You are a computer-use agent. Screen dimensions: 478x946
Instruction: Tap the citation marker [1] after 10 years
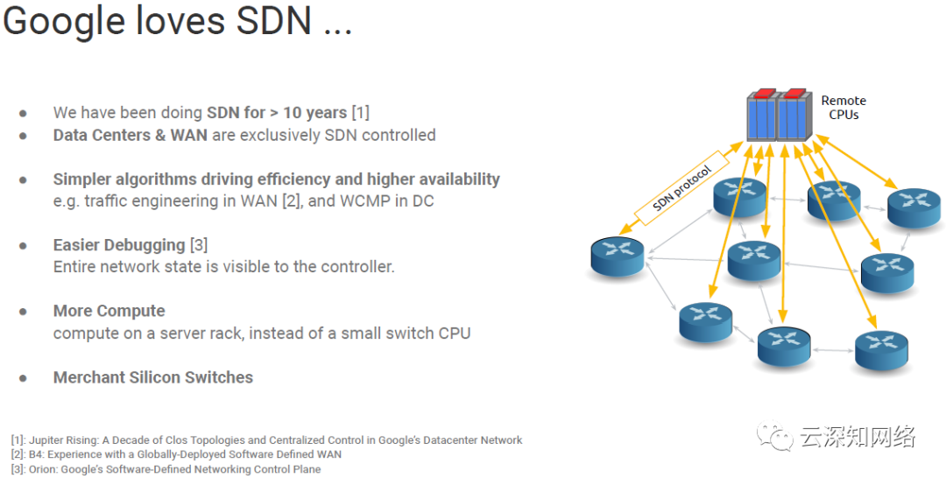pyautogui.click(x=360, y=113)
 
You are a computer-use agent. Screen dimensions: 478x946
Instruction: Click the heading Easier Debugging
pyautogui.click(x=118, y=244)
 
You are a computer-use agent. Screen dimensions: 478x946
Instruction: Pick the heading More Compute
pyautogui.click(x=109, y=311)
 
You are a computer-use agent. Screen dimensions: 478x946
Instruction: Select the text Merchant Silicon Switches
pyautogui.click(x=152, y=377)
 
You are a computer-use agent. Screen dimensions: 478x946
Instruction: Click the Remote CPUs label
pyautogui.click(x=843, y=108)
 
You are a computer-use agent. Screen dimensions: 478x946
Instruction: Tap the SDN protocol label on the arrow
pyautogui.click(x=683, y=188)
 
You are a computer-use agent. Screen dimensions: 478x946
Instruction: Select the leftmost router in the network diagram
pyautogui.click(x=618, y=256)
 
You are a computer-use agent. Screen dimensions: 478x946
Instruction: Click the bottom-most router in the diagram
pyautogui.click(x=785, y=347)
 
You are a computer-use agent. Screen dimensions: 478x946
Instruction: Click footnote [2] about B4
pyautogui.click(x=176, y=454)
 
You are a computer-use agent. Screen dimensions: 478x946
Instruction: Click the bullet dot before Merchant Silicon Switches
pyautogui.click(x=23, y=378)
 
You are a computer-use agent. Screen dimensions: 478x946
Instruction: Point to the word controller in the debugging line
pyautogui.click(x=358, y=266)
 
